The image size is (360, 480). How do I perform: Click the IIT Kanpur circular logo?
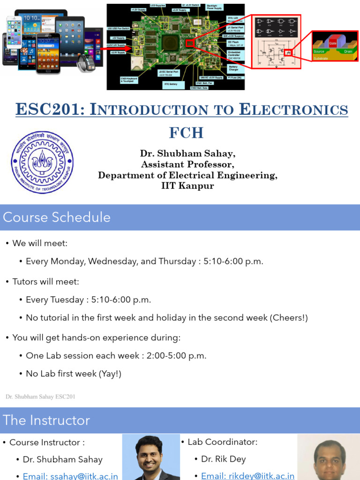[43, 162]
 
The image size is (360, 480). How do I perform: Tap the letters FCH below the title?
[186, 133]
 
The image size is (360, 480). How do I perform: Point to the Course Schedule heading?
[57, 217]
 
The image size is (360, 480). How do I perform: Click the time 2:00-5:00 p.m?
[176, 355]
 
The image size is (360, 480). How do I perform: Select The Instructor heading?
[46, 420]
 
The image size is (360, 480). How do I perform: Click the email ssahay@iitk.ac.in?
[70, 476]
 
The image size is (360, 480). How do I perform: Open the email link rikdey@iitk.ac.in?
[247, 476]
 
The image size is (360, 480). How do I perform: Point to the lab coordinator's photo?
[328, 457]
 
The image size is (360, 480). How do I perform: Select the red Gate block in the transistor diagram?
[333, 43]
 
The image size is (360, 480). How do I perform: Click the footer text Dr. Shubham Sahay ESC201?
[40, 397]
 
